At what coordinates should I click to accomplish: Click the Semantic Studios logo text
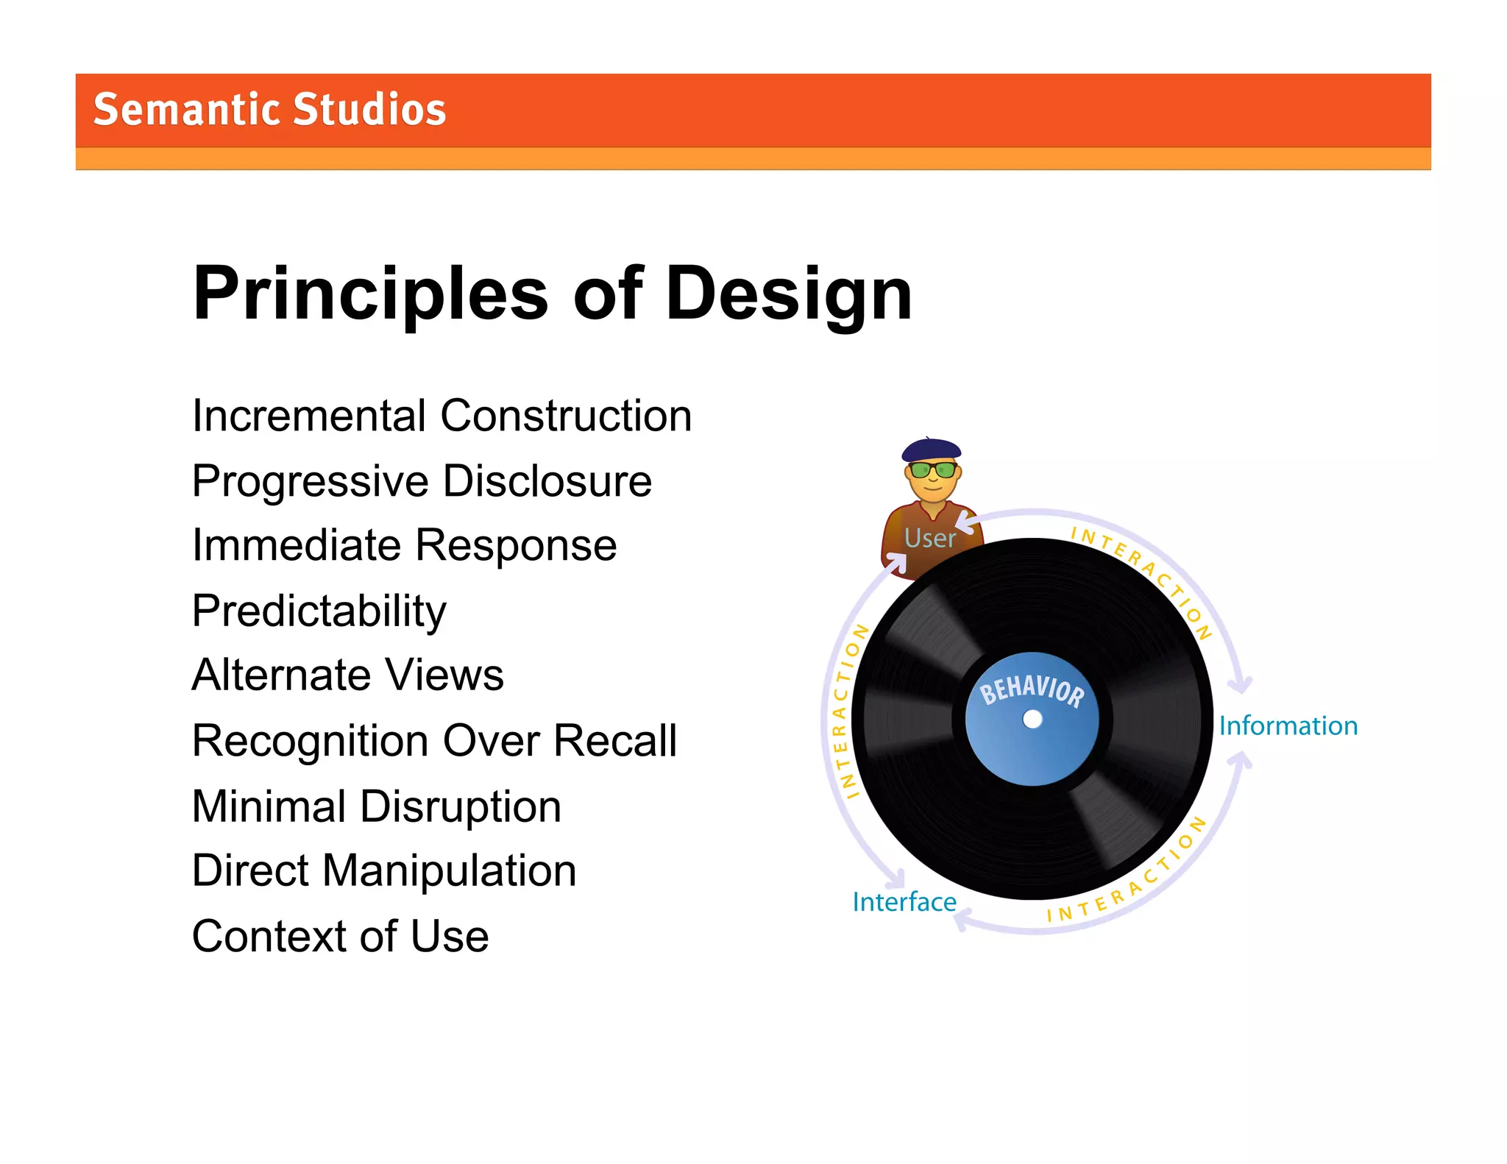(269, 110)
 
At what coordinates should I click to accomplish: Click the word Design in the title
(788, 294)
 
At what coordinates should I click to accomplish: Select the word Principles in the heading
(370, 294)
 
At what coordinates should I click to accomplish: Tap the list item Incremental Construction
(442, 416)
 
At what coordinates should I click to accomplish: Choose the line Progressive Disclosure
(422, 481)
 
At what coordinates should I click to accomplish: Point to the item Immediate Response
(404, 545)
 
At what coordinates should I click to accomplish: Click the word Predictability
(319, 611)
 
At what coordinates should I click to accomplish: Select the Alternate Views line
(347, 675)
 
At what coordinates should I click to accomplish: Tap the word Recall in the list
(614, 740)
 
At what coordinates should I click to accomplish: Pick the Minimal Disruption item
(376, 806)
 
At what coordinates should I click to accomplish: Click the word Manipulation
(449, 870)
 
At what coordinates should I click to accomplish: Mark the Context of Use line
(340, 936)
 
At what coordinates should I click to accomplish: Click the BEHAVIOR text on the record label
(1032, 690)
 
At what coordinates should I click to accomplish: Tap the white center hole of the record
(1032, 719)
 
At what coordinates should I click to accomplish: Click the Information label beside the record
(1288, 725)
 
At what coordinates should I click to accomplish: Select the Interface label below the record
(904, 901)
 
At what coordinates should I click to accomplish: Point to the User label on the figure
(929, 538)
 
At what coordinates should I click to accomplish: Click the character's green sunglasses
(932, 469)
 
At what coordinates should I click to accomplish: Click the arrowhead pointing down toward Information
(1241, 686)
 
